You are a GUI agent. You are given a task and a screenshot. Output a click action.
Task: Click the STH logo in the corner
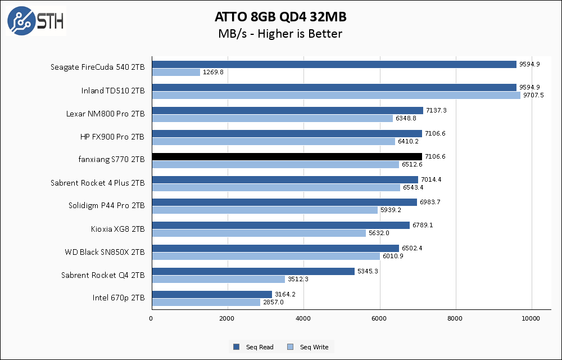[x=35, y=21]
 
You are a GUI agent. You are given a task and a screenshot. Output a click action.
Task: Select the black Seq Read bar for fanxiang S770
[x=287, y=156]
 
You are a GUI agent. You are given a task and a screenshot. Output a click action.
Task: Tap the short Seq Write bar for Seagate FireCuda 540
[x=175, y=73]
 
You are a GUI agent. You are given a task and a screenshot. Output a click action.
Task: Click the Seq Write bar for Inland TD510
[x=336, y=96]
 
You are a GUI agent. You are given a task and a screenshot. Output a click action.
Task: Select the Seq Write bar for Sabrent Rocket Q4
[x=218, y=280]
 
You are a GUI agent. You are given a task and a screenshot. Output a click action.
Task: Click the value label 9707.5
[x=534, y=96]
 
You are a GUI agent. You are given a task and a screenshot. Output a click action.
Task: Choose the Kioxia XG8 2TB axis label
[x=117, y=229]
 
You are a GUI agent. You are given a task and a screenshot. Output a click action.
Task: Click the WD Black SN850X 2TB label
[x=105, y=252]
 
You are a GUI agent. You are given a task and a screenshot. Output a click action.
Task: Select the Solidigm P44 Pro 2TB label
[x=106, y=206]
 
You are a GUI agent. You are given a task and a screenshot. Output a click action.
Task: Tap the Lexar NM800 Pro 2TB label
[x=105, y=114]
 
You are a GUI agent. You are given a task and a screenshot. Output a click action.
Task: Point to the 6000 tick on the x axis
[x=379, y=318]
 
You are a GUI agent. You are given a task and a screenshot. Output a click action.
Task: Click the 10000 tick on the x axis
[x=532, y=318]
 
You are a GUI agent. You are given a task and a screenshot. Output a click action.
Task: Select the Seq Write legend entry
[x=312, y=347]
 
